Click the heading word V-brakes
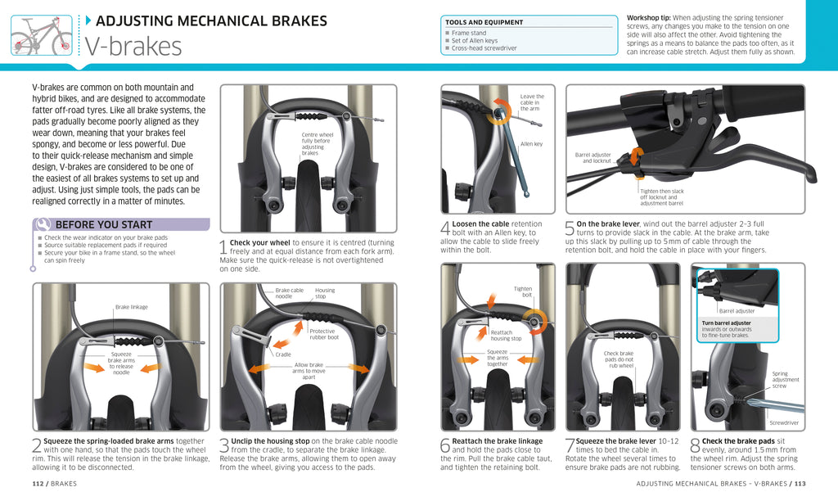(x=133, y=47)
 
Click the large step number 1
(x=223, y=246)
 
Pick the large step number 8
(x=695, y=445)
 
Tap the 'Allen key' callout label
(x=531, y=144)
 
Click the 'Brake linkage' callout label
(x=131, y=307)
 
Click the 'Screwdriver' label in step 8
(x=783, y=422)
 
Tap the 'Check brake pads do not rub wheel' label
(x=619, y=359)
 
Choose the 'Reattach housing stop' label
(x=506, y=336)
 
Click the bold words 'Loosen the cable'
(x=480, y=223)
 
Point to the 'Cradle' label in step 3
(x=282, y=354)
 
